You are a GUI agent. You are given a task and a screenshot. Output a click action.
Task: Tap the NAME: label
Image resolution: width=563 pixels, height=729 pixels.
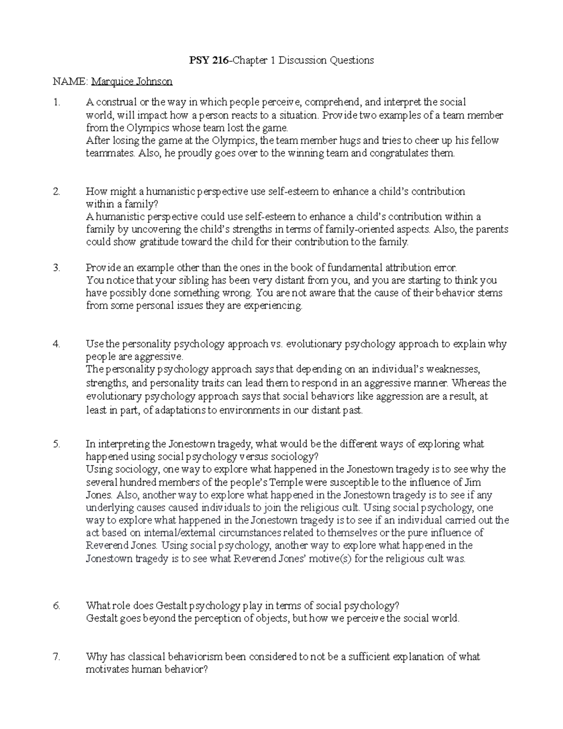[70, 82]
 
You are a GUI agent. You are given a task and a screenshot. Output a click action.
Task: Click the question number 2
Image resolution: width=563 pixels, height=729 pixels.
[56, 192]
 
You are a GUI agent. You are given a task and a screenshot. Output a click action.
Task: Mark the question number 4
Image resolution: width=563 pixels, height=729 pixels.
[56, 344]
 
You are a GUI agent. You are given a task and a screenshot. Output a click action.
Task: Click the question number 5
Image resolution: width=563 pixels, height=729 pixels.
[56, 444]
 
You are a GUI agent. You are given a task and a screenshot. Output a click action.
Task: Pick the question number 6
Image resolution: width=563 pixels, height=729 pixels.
[56, 606]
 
